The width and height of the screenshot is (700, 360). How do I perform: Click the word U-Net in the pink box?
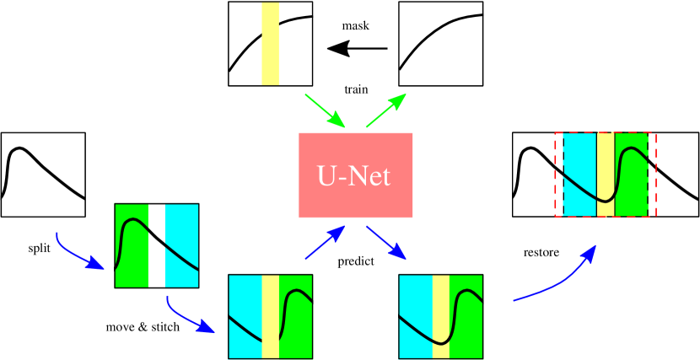[354, 176]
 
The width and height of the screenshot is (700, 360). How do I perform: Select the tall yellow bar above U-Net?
[270, 44]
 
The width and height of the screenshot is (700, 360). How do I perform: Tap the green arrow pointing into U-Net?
[325, 111]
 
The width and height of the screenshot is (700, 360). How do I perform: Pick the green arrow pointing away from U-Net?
[385, 110]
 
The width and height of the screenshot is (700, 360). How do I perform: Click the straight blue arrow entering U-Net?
[326, 242]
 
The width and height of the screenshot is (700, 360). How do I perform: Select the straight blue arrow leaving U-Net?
[385, 242]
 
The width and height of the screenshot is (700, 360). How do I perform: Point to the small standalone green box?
[132, 245]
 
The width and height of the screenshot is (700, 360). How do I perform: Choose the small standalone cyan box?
[182, 245]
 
